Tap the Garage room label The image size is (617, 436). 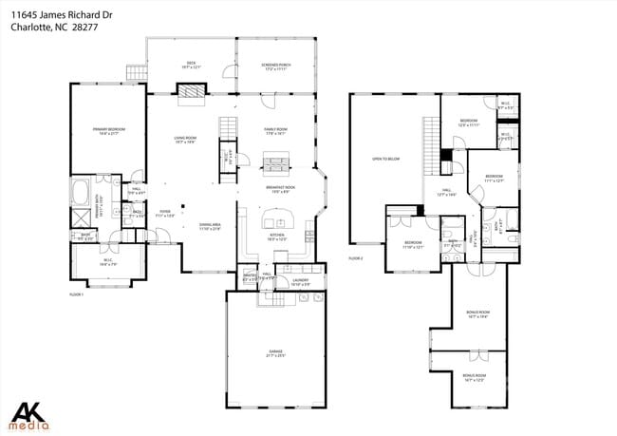pyautogui.click(x=275, y=353)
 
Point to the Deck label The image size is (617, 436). pyautogui.click(x=190, y=66)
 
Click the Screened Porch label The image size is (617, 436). pyautogui.click(x=275, y=66)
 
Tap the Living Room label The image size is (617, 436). pyautogui.click(x=185, y=140)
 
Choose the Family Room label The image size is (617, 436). pyautogui.click(x=275, y=130)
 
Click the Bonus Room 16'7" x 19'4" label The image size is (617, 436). pyautogui.click(x=477, y=313)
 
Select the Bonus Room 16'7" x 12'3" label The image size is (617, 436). pyautogui.click(x=474, y=378)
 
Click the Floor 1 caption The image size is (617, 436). pyautogui.click(x=77, y=294)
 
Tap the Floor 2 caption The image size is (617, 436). pyautogui.click(x=355, y=258)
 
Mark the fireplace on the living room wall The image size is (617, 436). pyautogui.click(x=190, y=90)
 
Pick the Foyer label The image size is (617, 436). pyautogui.click(x=164, y=215)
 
